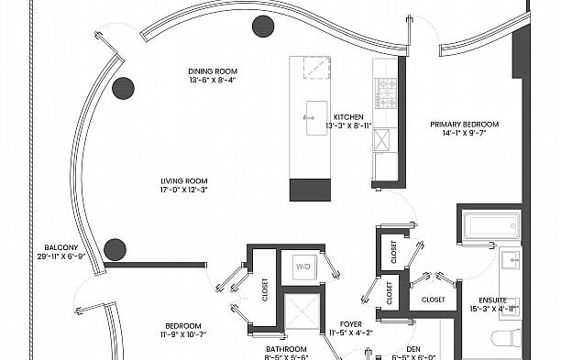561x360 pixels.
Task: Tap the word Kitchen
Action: coord(349,117)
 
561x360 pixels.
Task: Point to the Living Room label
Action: coord(184,180)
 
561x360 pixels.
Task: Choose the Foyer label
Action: coord(351,323)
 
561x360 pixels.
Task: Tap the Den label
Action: coord(414,349)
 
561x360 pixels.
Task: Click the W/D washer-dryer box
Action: coord(302,267)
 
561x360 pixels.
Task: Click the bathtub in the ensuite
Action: coord(491,225)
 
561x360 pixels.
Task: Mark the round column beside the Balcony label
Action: coord(115,248)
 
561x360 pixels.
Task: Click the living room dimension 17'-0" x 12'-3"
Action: coord(184,190)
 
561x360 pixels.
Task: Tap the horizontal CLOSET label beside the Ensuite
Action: coord(434,300)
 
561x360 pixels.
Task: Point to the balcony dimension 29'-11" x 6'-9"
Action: coord(60,256)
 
